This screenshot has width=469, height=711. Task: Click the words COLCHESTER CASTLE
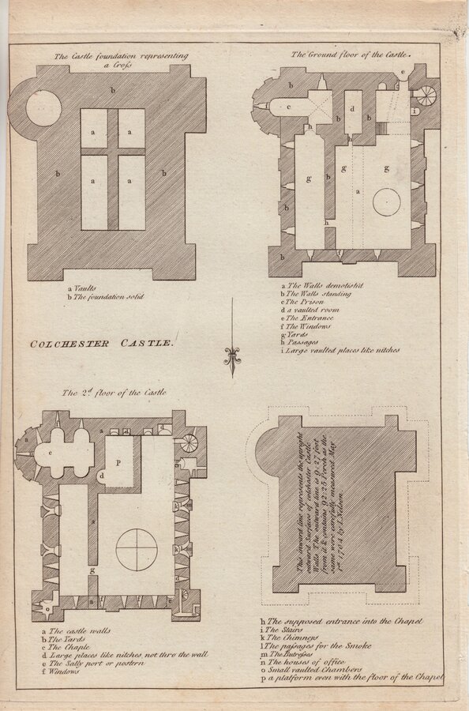click(100, 343)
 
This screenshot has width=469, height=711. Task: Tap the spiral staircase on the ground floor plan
click(425, 97)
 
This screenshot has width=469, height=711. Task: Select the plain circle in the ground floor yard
click(387, 202)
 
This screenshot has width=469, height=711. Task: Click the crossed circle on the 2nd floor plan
click(137, 549)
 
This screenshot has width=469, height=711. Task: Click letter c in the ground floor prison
click(289, 107)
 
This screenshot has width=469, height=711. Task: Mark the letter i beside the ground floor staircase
click(416, 111)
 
